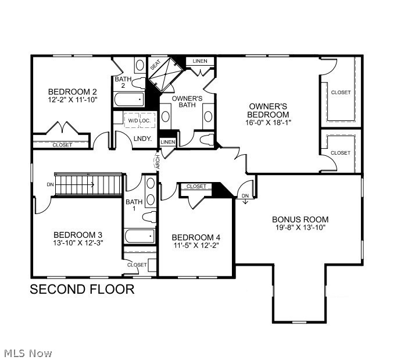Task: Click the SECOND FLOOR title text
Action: (x=82, y=289)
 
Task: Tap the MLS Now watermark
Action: (x=28, y=353)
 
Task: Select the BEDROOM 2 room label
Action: (x=72, y=92)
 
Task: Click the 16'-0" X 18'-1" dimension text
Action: (x=268, y=123)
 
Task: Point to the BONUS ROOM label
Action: (x=300, y=219)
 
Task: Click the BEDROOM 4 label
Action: (x=196, y=237)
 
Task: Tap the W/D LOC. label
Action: (x=139, y=120)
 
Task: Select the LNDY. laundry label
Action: (x=142, y=138)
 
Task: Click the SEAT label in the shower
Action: (x=155, y=66)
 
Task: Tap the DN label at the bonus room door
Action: (x=245, y=195)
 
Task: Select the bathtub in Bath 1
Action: (x=140, y=236)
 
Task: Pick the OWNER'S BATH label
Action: (x=187, y=102)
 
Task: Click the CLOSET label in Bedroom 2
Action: (x=63, y=145)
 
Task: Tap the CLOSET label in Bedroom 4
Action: (x=196, y=187)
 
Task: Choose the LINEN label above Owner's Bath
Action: (x=200, y=61)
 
